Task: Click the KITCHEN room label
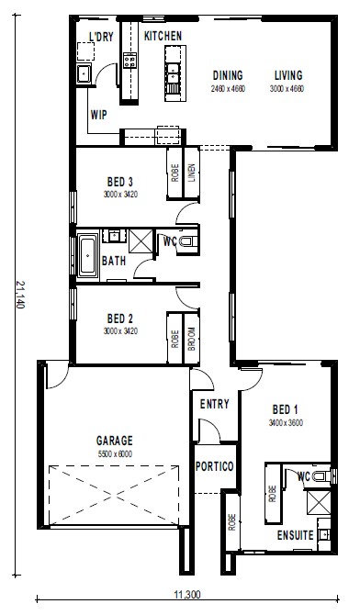click(163, 36)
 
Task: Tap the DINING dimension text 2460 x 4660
click(228, 89)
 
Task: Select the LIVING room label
click(288, 75)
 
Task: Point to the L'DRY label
click(101, 37)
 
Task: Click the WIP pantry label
click(98, 115)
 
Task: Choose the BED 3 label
click(120, 182)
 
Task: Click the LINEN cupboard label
click(192, 173)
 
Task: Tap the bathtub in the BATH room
click(87, 255)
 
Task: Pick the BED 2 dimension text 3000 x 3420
click(120, 331)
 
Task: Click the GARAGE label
click(115, 441)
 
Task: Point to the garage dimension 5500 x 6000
click(115, 454)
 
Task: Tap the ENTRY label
click(214, 404)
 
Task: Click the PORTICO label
click(214, 466)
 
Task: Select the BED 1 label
click(285, 410)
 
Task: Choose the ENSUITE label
click(295, 535)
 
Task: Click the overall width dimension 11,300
click(187, 595)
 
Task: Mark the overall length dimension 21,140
click(20, 294)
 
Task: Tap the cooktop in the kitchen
click(129, 60)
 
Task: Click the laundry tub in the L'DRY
click(84, 73)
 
